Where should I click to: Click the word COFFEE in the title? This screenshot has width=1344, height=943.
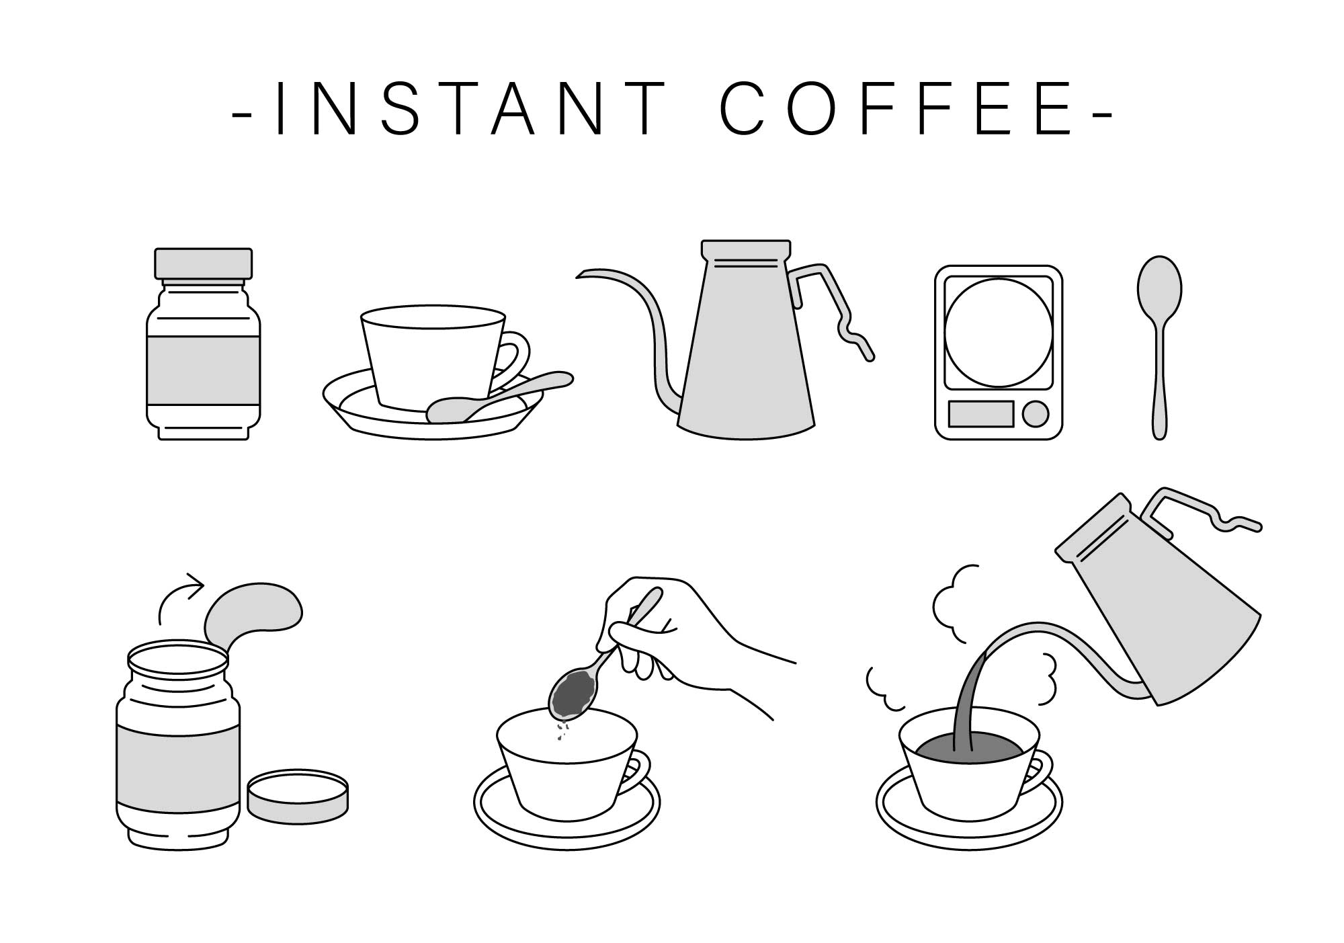897,109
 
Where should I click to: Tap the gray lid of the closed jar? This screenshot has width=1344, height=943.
204,263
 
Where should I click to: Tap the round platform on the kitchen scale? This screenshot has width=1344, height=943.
999,332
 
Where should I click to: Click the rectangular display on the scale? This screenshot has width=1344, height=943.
981,414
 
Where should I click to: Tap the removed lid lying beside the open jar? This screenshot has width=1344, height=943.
298,796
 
